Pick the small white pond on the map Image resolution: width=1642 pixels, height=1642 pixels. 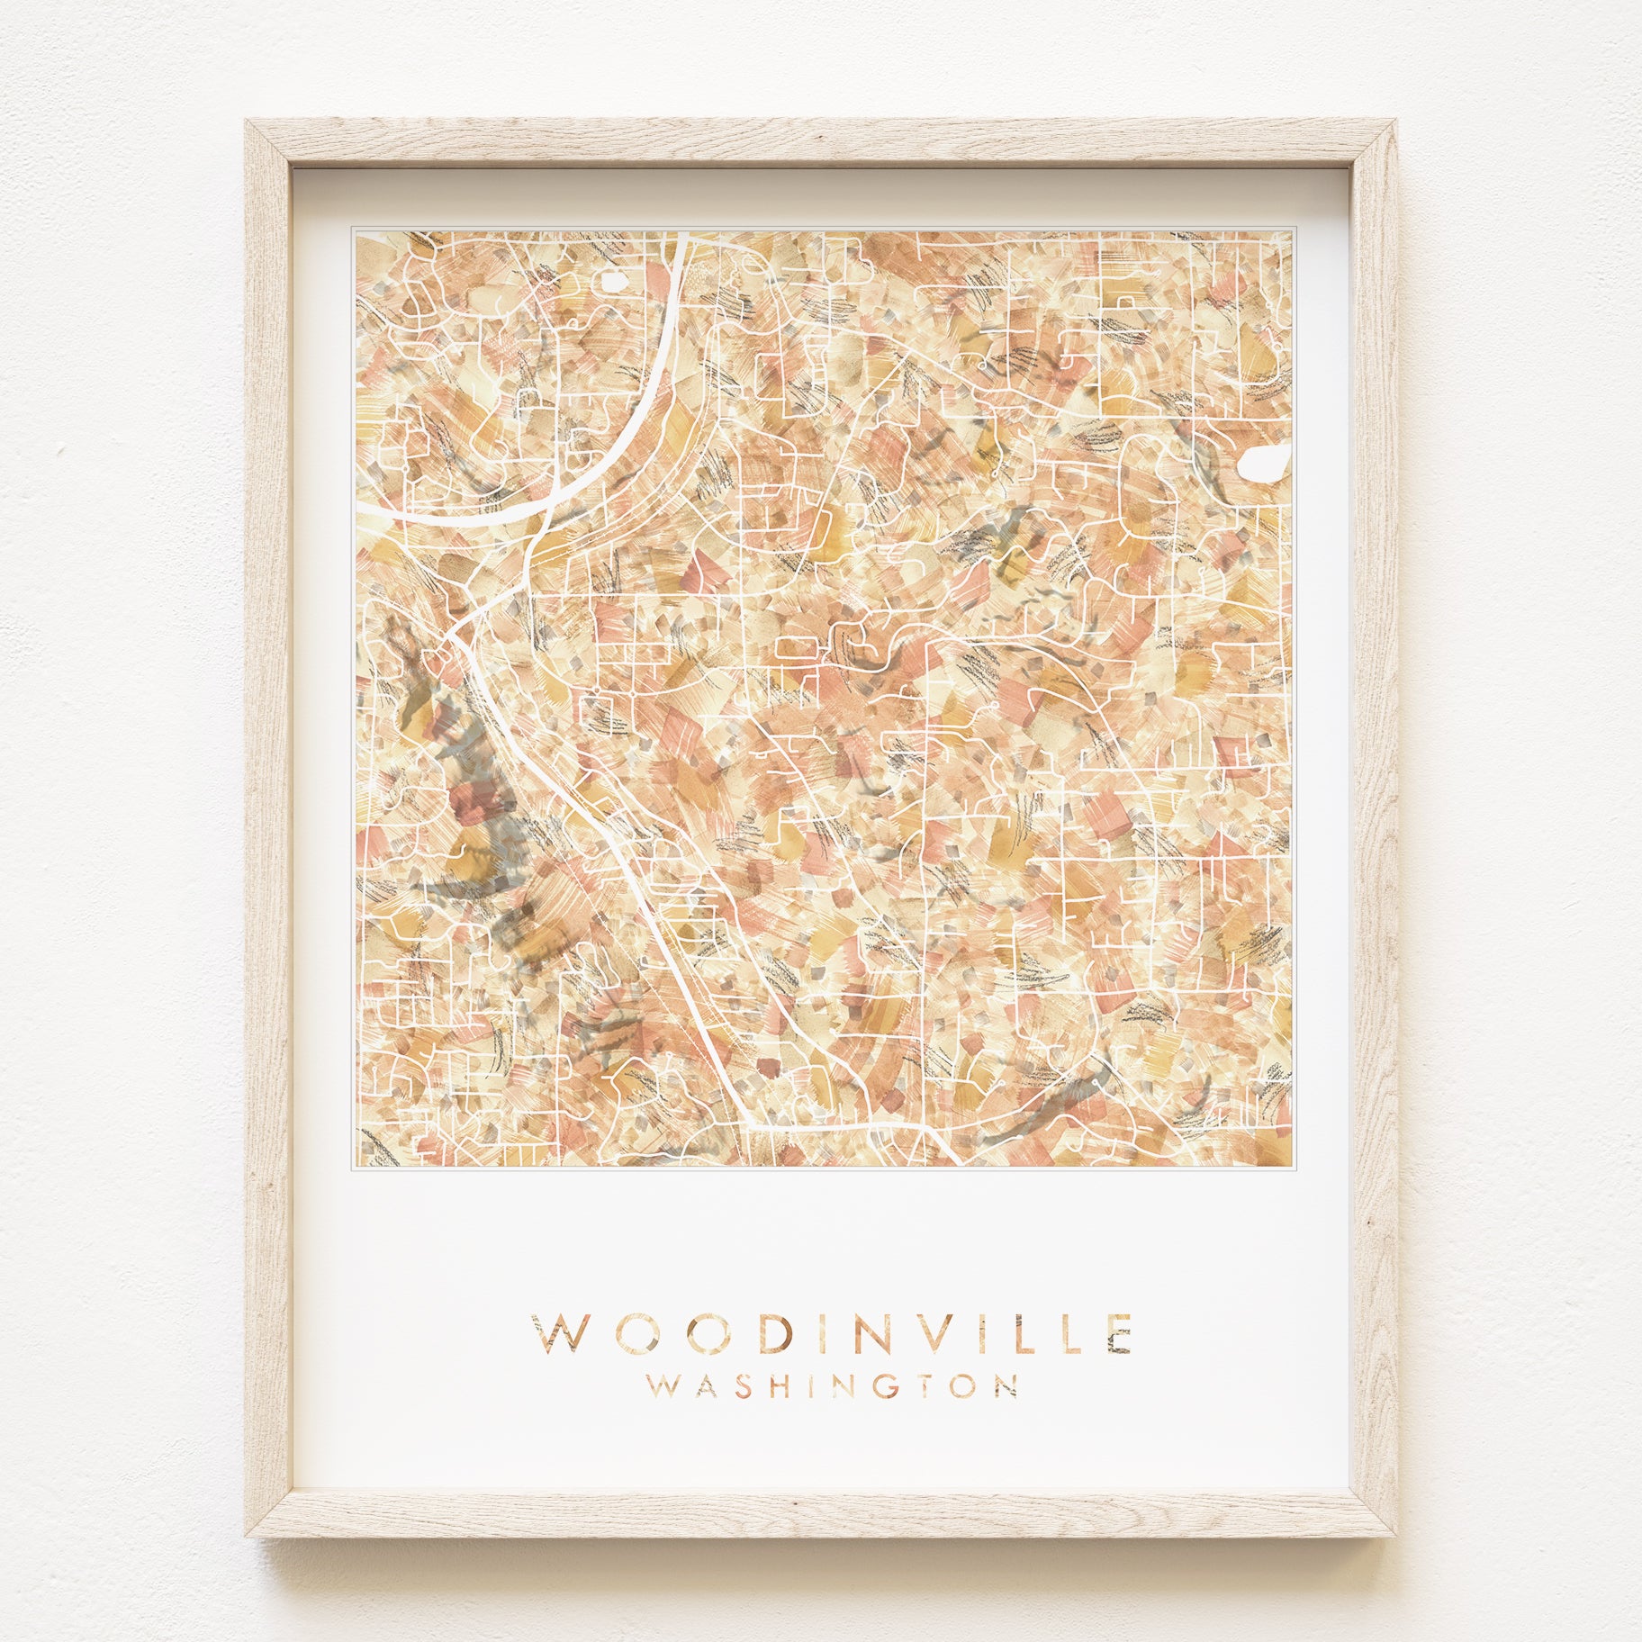coord(614,283)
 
